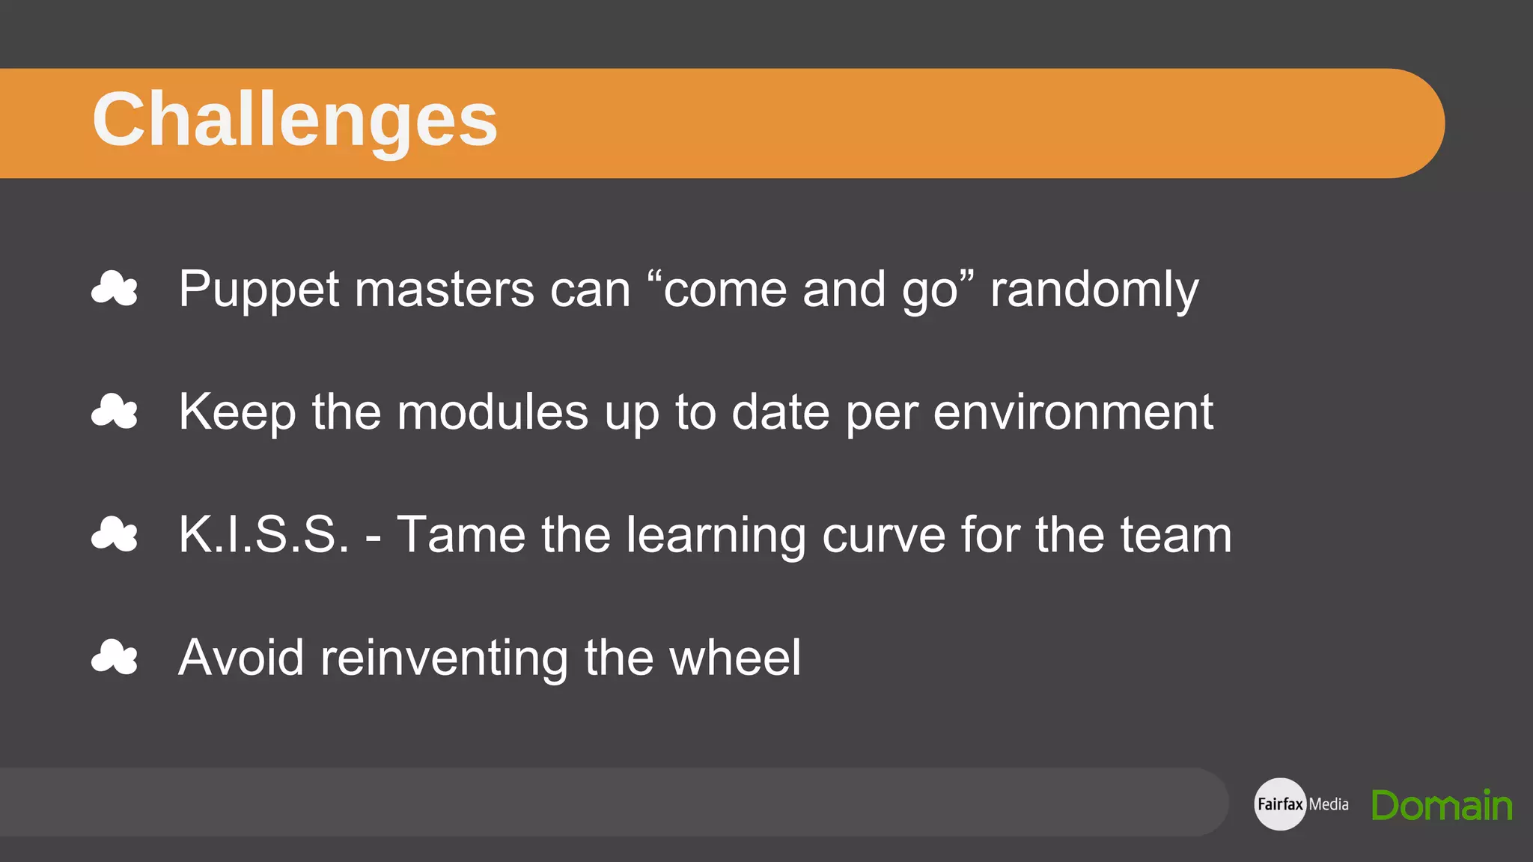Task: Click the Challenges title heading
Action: pos(295,120)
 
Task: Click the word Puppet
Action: pos(258,290)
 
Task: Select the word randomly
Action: pos(1094,290)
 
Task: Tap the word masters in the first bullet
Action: pos(445,290)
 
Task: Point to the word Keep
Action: pos(237,412)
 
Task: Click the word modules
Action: pos(493,412)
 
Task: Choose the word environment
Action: pos(1073,412)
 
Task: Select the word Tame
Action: pos(461,535)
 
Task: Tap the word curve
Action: pos(883,535)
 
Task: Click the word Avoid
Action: pos(241,658)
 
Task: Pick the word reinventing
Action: pos(444,658)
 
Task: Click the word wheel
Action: pos(735,658)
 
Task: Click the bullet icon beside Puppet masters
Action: pos(115,289)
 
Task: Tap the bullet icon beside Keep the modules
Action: pos(115,412)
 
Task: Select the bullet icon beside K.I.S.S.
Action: pos(115,534)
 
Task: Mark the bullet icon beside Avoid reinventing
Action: pos(115,657)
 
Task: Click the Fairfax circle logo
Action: pos(1280,804)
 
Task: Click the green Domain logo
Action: pos(1442,805)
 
